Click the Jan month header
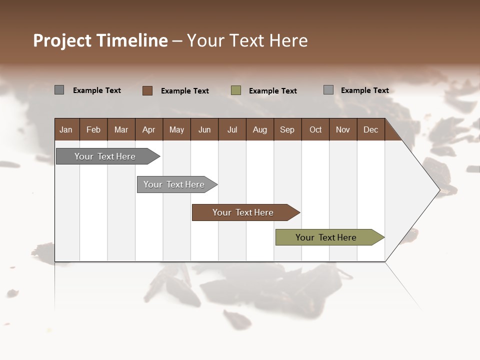coord(66,130)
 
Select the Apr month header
coord(149,130)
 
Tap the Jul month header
coord(232,130)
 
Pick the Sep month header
coord(287,130)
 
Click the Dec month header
coord(370,130)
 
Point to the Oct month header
coord(315,130)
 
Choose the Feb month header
coord(93,130)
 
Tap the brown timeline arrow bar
coord(243,212)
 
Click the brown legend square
coord(147,90)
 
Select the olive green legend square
coord(236,90)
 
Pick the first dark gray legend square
coord(59,90)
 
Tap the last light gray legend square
coord(328,90)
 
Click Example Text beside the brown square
coord(185,91)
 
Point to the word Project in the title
coord(62,40)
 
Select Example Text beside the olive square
coord(273,91)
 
